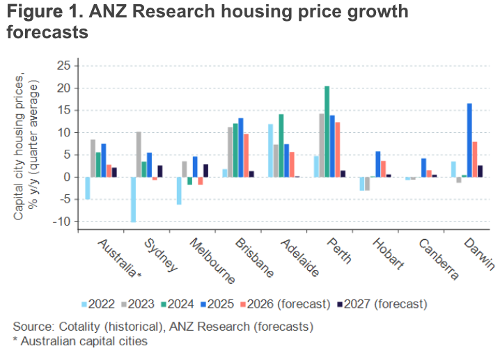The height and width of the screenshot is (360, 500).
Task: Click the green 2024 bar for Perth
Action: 327,132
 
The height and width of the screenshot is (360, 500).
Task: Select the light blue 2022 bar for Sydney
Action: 133,199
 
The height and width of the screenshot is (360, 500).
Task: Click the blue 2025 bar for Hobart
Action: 378,164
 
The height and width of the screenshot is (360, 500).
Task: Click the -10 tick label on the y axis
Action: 61,221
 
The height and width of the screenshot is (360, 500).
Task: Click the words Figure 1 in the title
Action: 40,13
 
